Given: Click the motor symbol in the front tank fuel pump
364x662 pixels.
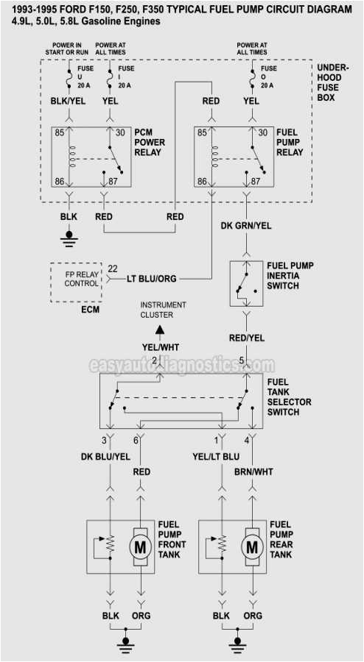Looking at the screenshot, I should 141,547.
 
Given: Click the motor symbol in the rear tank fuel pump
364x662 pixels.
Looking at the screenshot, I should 252,547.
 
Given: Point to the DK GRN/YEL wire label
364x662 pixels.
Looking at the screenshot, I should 246,226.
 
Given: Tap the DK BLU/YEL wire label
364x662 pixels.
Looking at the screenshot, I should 105,457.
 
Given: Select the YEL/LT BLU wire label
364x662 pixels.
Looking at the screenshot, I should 216,457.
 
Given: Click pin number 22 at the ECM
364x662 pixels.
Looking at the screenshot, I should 113,268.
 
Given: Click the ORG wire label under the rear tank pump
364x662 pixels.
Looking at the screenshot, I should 253,616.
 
